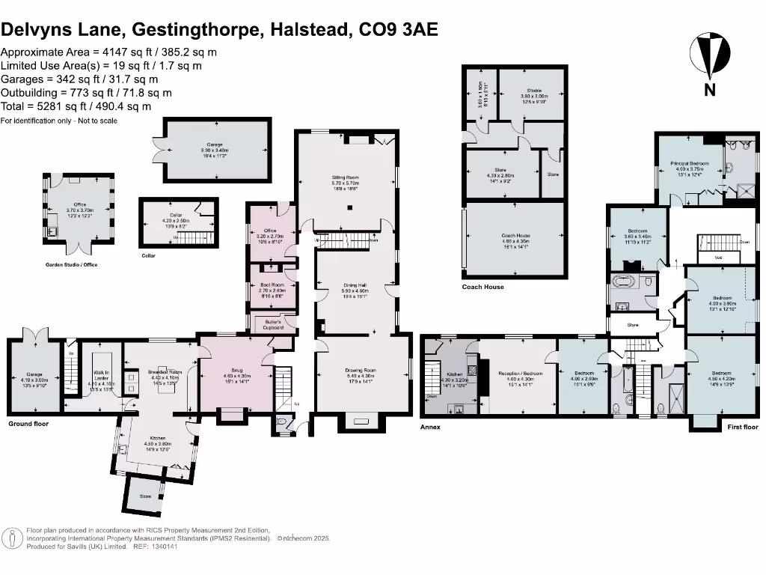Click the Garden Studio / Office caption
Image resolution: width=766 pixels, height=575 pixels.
72,264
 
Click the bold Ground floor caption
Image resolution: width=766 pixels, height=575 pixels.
28,424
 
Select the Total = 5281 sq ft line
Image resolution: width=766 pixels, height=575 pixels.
76,106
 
